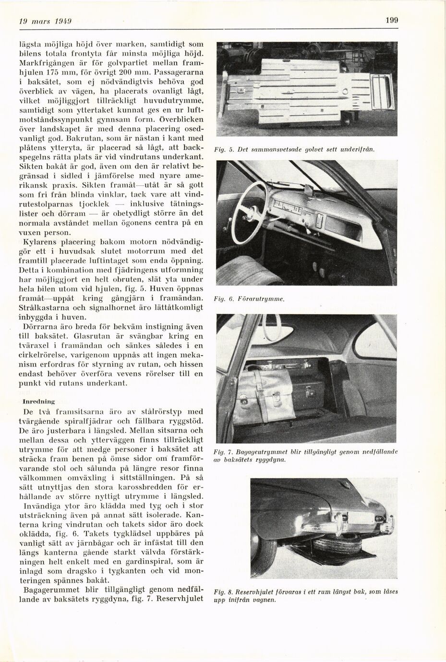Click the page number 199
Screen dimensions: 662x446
[391, 20]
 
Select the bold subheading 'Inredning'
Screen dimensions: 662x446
[39, 400]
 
